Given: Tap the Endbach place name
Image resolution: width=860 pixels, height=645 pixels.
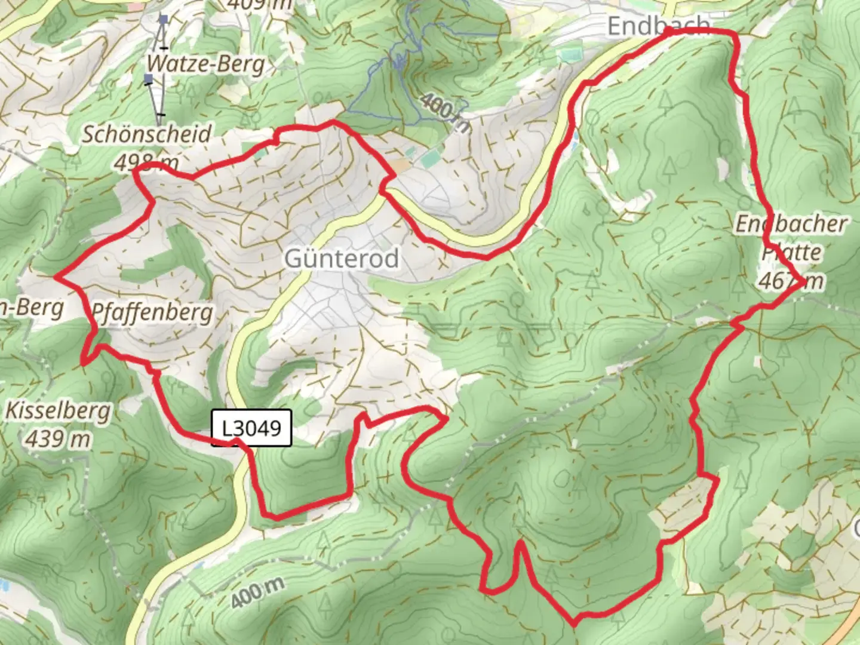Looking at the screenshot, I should pyautogui.click(x=659, y=26).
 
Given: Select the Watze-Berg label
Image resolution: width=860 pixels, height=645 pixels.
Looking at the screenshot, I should pyautogui.click(x=206, y=63).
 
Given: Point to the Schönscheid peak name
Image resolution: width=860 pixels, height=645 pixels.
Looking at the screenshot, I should pyautogui.click(x=146, y=134).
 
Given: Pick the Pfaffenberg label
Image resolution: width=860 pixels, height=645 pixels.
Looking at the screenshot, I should pyautogui.click(x=152, y=312).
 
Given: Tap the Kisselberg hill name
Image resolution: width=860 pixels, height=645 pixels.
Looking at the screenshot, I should pyautogui.click(x=59, y=411).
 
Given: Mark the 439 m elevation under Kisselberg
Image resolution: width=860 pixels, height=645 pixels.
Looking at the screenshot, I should pyautogui.click(x=59, y=440).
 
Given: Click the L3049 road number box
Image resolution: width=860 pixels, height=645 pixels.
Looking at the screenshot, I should pyautogui.click(x=251, y=428).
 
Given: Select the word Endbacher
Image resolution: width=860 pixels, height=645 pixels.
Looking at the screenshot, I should pyautogui.click(x=791, y=224).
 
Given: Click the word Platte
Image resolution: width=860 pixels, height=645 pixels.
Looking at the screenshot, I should pyautogui.click(x=791, y=252).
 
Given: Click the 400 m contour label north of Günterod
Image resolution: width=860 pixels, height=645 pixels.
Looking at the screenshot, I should pyautogui.click(x=445, y=113).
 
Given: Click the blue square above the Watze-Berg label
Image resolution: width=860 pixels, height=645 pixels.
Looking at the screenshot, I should pyautogui.click(x=163, y=20).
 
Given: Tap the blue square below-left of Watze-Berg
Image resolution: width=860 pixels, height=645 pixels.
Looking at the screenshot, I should pyautogui.click(x=148, y=78).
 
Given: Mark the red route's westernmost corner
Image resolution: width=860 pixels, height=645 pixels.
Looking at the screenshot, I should pyautogui.click(x=56, y=277).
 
